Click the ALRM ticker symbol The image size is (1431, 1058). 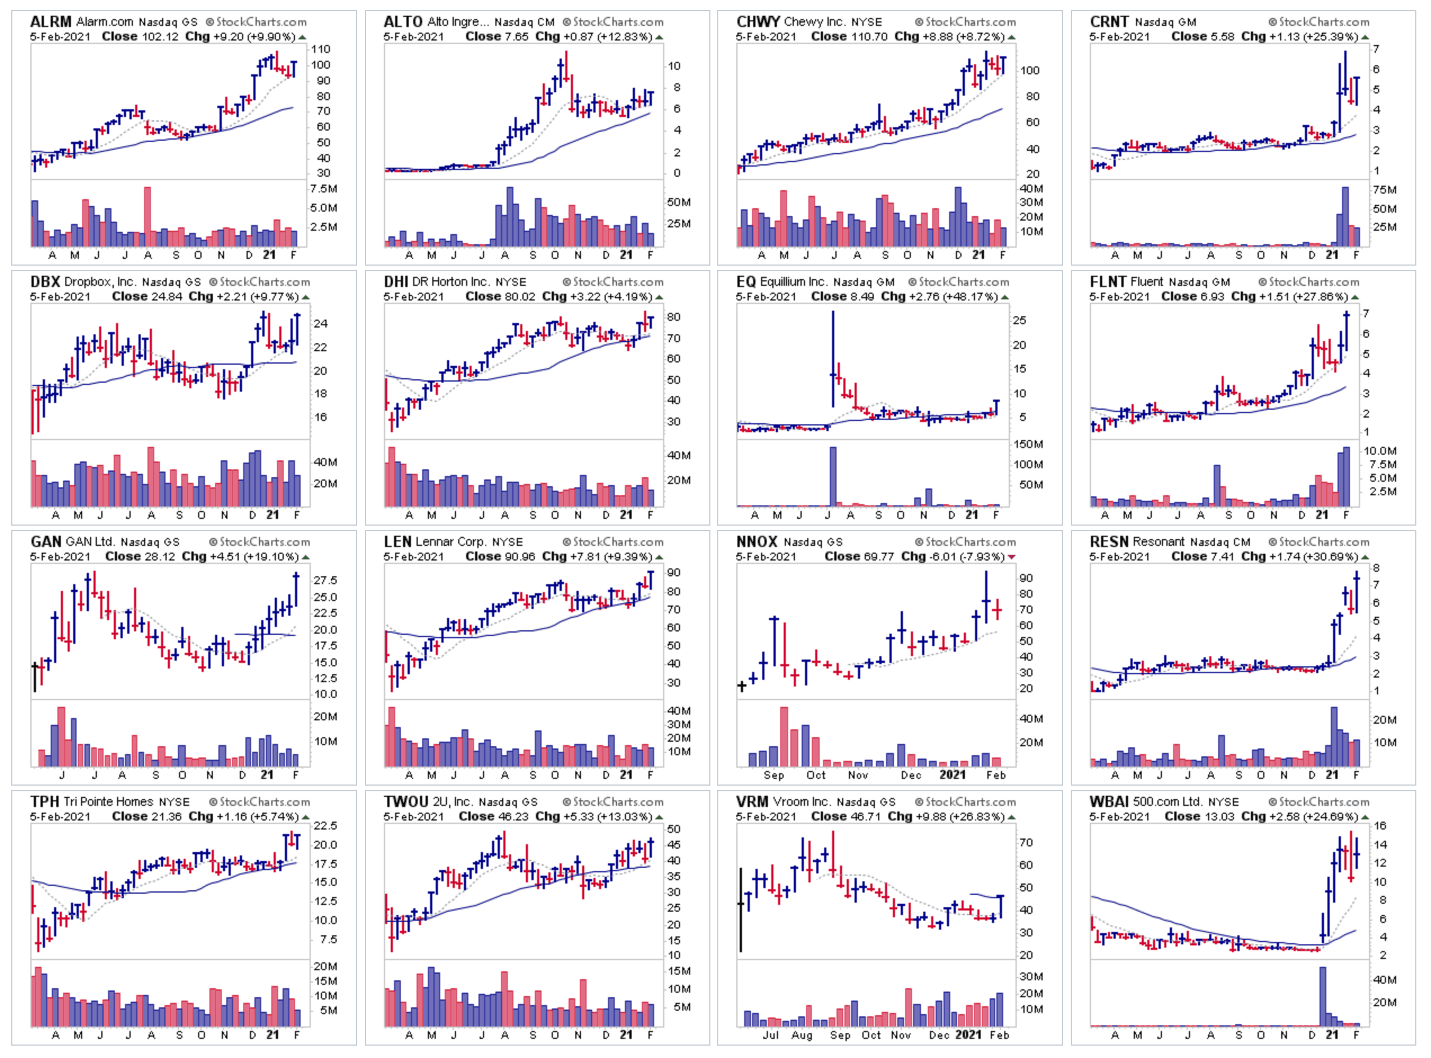click(51, 22)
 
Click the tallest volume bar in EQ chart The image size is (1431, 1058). click(833, 476)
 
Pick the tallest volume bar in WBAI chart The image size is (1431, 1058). click(1322, 996)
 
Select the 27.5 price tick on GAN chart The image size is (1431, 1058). click(325, 580)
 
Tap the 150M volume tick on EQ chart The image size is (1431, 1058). click(1028, 445)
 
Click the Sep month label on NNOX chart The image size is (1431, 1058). click(774, 775)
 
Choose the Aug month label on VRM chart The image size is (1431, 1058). click(801, 1035)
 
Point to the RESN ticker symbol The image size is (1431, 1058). click(1109, 542)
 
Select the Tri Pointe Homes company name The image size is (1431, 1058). click(108, 802)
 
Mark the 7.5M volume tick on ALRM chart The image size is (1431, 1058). click(324, 189)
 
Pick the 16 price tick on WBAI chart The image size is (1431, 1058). click(1380, 826)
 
